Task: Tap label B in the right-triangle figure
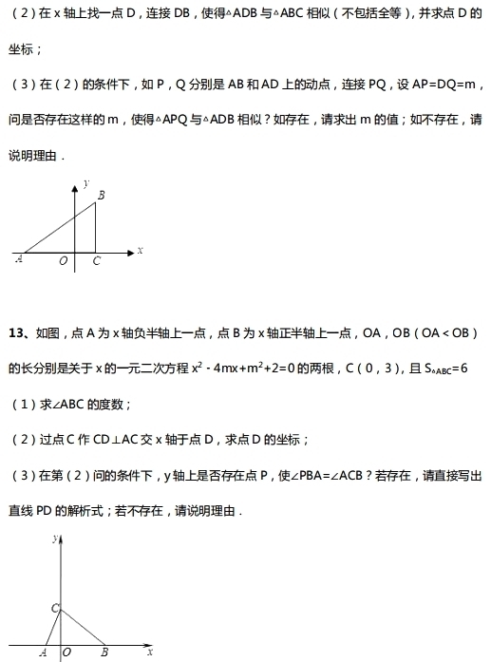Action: click(x=101, y=196)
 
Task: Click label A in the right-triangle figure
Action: click(x=19, y=259)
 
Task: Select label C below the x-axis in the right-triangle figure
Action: click(x=96, y=262)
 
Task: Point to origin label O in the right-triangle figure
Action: click(x=64, y=262)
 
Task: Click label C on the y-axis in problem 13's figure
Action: click(x=54, y=608)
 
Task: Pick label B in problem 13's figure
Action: click(x=104, y=653)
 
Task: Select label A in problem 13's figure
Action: click(x=43, y=653)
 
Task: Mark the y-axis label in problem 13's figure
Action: click(x=54, y=539)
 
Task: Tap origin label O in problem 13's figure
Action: click(x=66, y=653)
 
